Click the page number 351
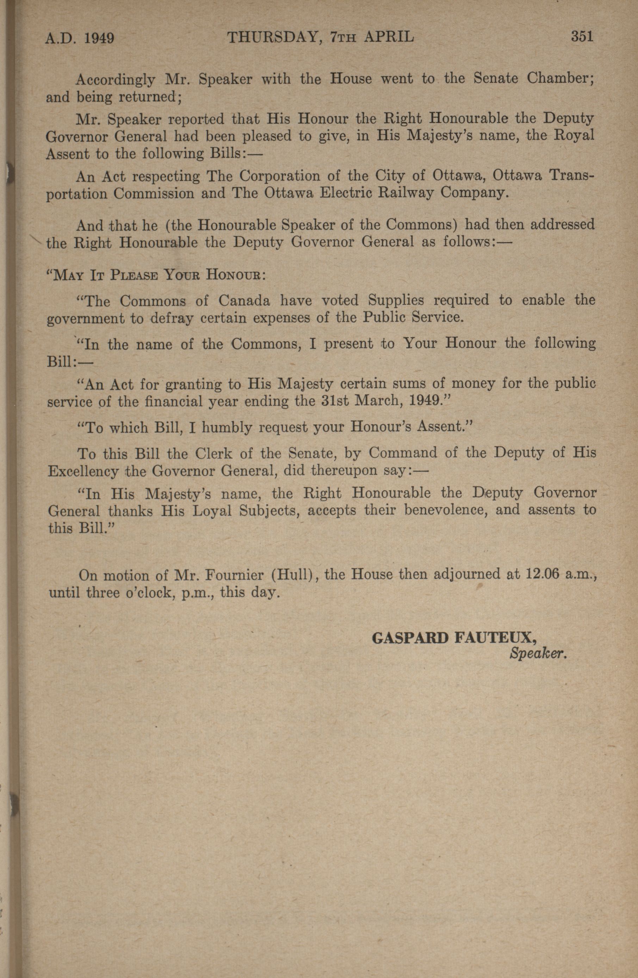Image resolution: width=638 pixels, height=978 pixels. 582,37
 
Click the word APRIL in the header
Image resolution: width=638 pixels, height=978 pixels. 389,37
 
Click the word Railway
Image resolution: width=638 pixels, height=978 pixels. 406,193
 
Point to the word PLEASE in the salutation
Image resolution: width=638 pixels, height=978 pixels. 134,274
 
